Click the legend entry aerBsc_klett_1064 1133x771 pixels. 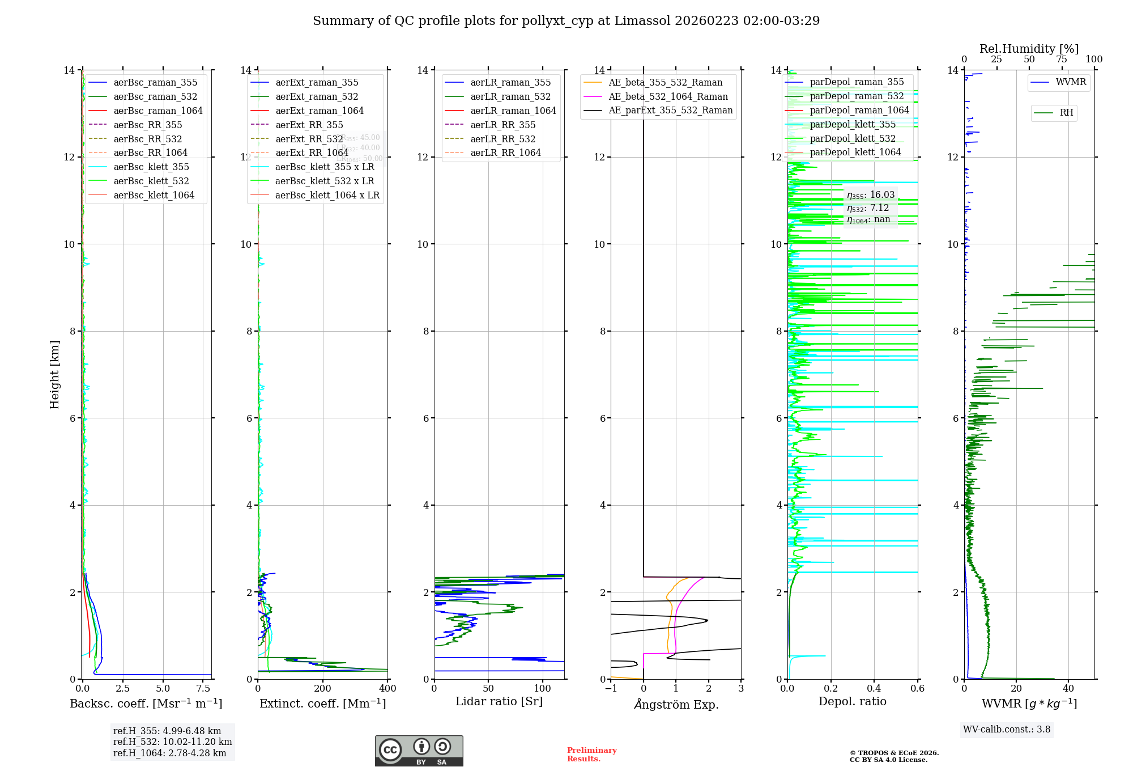click(154, 195)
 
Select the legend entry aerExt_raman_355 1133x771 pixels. click(317, 83)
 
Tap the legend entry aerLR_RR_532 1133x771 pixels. click(502, 139)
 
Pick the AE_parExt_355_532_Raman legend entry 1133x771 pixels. click(670, 111)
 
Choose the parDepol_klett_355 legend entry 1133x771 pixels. click(853, 125)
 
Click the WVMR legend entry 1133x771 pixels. click(1071, 82)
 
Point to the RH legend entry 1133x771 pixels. click(1066, 113)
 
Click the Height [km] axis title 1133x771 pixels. click(54, 375)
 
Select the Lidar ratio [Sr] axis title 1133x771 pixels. click(499, 702)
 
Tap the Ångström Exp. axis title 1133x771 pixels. click(676, 704)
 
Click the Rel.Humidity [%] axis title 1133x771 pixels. click(1029, 49)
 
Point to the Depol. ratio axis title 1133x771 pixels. click(852, 702)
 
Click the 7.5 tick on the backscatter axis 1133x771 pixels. click(203, 689)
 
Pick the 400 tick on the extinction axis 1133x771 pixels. click(387, 689)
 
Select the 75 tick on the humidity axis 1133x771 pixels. click(1062, 60)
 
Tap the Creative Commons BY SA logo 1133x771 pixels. click(419, 751)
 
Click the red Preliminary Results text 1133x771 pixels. click(591, 755)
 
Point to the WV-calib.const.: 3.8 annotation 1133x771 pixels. click(1006, 730)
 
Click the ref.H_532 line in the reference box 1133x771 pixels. click(172, 742)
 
